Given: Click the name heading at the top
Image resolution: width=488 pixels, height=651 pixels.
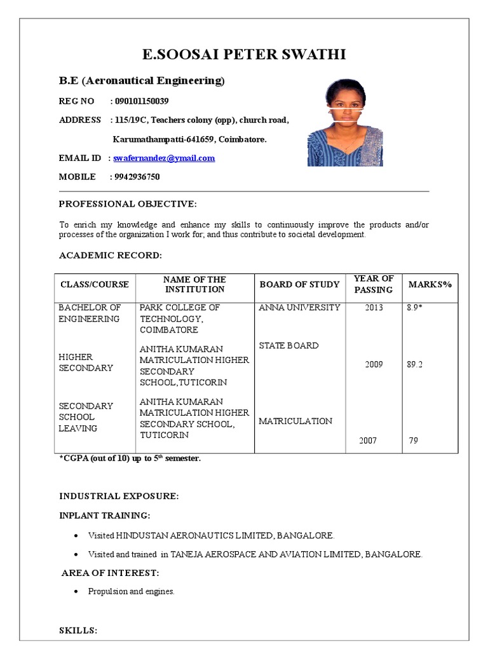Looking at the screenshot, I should (x=244, y=54).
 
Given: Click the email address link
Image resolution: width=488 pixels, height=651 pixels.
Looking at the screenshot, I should (x=164, y=158).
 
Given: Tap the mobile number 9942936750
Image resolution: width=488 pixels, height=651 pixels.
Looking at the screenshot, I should (x=137, y=177).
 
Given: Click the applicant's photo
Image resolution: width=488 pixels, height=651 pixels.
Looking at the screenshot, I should (x=345, y=123).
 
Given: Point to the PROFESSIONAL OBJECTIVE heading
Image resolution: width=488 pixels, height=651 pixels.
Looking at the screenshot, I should (x=128, y=204).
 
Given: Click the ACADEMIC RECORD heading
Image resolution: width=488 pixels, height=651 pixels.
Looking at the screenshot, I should (x=111, y=255).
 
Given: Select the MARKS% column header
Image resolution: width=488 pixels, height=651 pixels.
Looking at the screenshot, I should (x=430, y=284).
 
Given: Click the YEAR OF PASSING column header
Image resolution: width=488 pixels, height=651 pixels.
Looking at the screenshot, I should (x=374, y=284).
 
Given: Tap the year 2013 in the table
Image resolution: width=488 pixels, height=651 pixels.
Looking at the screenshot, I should (x=374, y=308).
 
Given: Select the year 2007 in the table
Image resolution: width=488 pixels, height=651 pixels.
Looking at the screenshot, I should (x=368, y=441).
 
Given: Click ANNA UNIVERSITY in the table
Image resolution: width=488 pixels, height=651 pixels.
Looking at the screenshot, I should (x=299, y=308).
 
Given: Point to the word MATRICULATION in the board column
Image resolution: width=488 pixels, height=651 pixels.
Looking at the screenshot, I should (x=295, y=421).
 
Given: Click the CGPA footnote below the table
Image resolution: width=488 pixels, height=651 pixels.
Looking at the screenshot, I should (x=130, y=458).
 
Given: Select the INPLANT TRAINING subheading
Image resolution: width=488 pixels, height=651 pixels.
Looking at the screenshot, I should (x=105, y=515).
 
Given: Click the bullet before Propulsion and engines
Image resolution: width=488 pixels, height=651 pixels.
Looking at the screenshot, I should (x=76, y=592).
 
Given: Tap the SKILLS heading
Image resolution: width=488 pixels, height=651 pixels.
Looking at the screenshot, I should (x=78, y=631).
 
